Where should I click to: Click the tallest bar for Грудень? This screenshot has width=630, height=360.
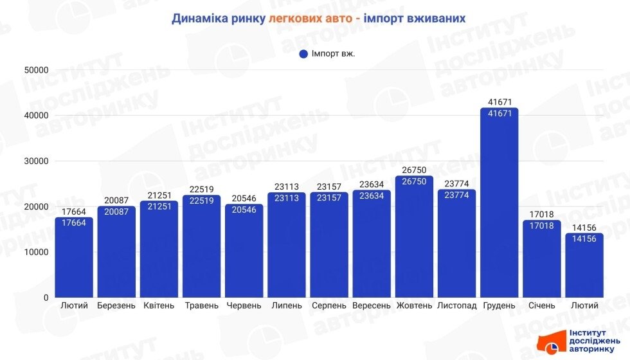[499, 206]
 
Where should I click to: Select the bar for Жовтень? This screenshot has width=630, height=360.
[414, 238]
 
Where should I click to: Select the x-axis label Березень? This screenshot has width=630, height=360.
[116, 305]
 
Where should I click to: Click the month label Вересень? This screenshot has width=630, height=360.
[372, 305]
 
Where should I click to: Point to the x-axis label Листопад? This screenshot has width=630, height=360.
[456, 305]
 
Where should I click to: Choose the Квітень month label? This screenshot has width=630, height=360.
[159, 305]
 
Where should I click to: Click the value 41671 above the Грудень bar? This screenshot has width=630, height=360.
[499, 102]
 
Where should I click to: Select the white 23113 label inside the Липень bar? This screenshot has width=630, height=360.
[287, 198]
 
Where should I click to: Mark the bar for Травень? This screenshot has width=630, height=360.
[201, 248]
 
